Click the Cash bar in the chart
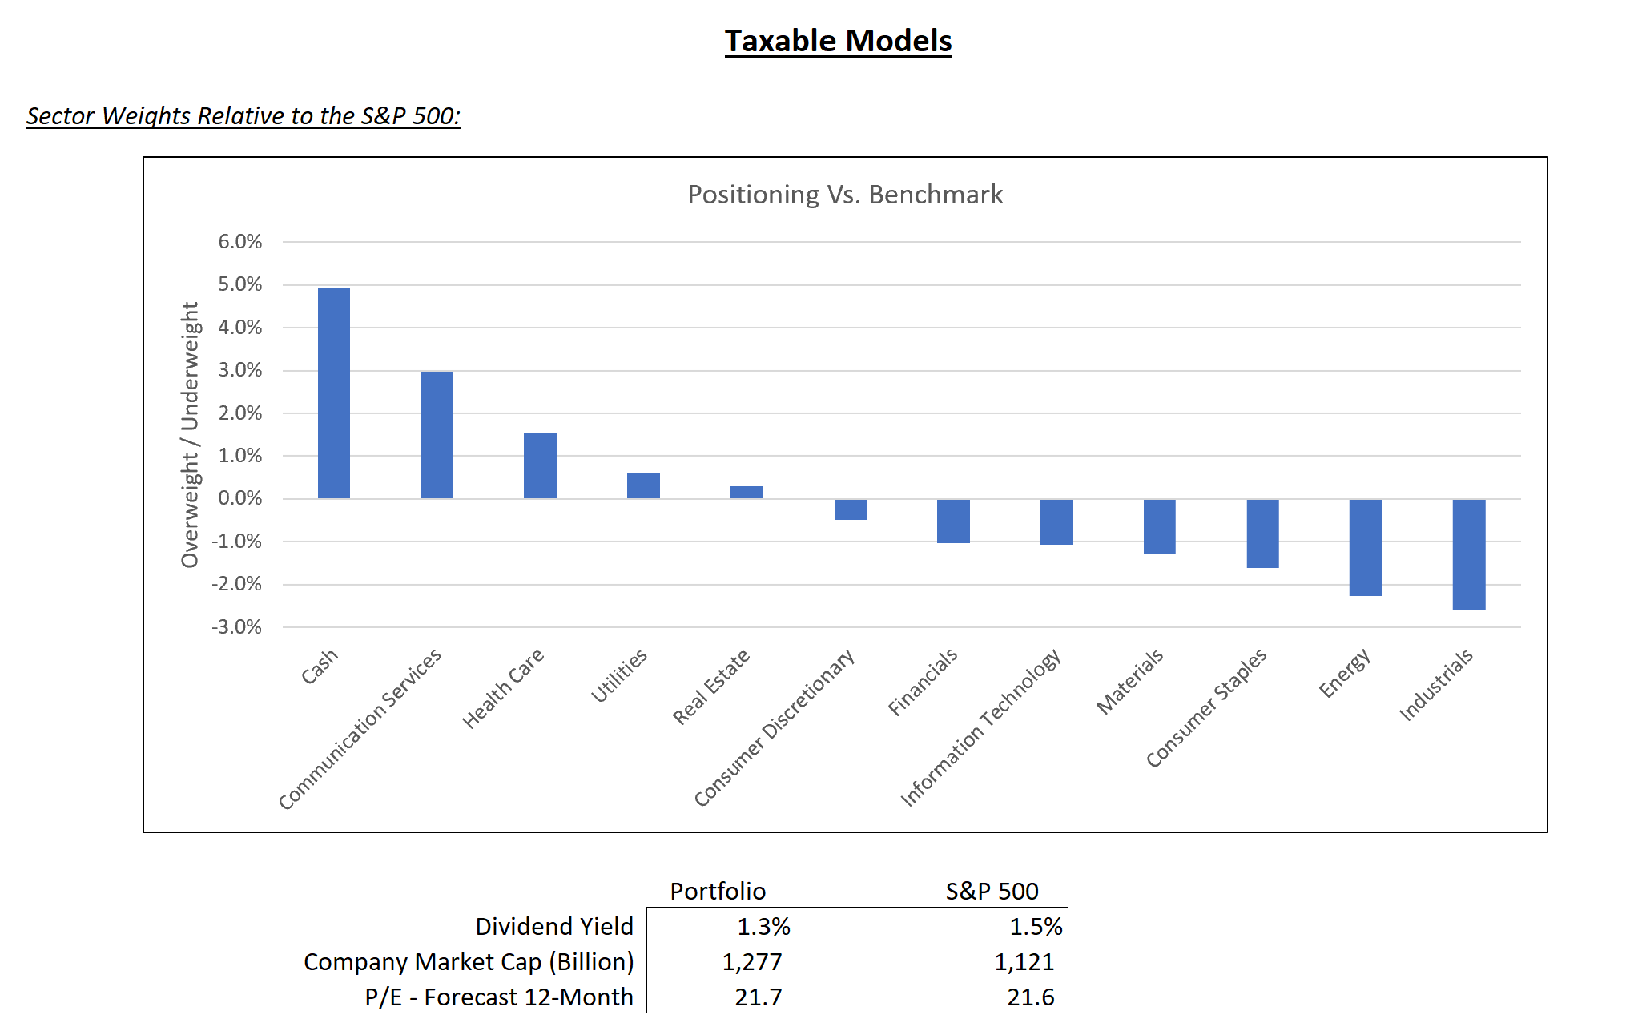[x=333, y=393]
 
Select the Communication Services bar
[x=437, y=435]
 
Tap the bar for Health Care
[x=540, y=466]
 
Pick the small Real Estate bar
[x=746, y=493]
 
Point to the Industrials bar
[x=1468, y=554]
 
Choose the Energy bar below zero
[x=1365, y=548]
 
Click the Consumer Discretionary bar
[x=850, y=510]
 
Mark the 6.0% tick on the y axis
[x=239, y=242]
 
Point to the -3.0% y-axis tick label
[x=236, y=627]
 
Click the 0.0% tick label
[x=239, y=498]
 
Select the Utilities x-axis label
[x=619, y=676]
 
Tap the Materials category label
[x=1129, y=682]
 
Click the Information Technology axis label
[x=981, y=727]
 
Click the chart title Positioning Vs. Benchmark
[x=845, y=195]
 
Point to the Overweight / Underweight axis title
[x=190, y=435]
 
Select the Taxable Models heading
[x=838, y=41]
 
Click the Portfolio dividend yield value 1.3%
[x=763, y=927]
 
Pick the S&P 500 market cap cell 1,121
[x=1024, y=962]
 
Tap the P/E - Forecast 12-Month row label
[x=498, y=997]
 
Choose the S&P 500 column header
[x=992, y=892]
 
